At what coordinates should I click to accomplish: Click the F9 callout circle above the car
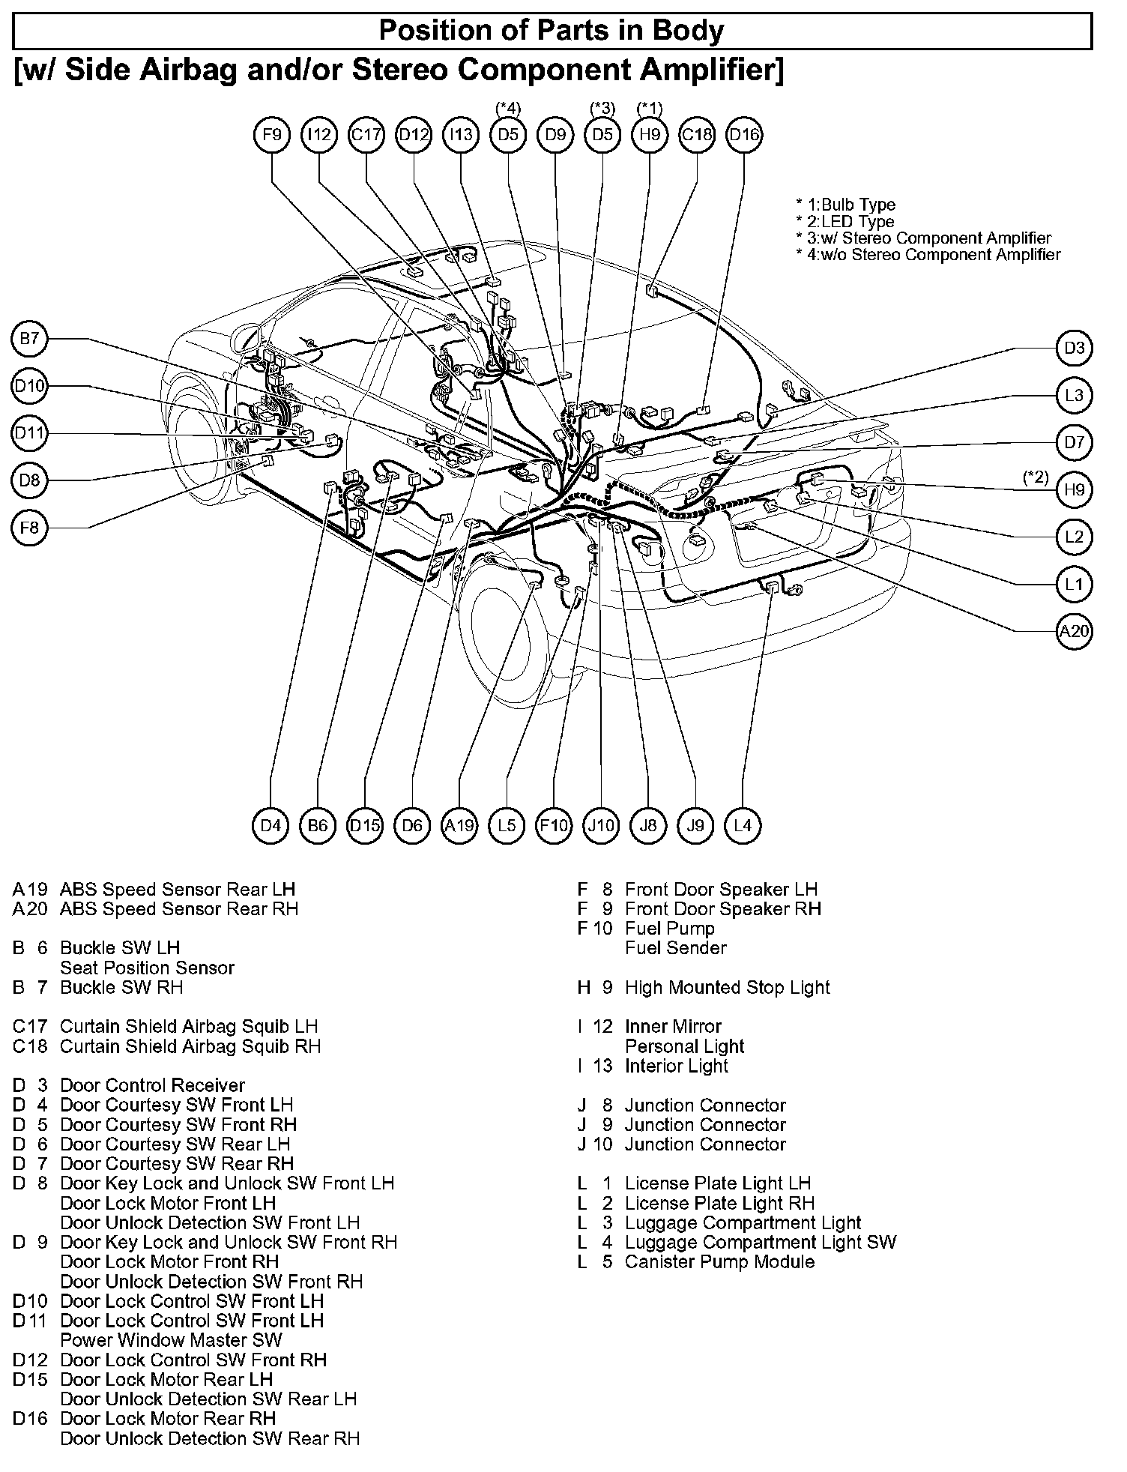click(272, 135)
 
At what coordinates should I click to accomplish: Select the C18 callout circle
click(697, 135)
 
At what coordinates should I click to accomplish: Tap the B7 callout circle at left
click(29, 340)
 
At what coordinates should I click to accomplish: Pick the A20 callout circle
click(1074, 631)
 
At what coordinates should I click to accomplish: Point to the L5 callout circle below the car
click(507, 825)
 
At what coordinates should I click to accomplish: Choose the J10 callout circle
click(601, 825)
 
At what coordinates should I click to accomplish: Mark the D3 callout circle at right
click(1074, 349)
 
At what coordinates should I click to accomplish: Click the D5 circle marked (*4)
click(508, 135)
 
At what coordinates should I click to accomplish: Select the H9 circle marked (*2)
click(1074, 490)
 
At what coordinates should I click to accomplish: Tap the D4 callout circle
click(271, 825)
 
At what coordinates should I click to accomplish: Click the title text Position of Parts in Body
click(552, 31)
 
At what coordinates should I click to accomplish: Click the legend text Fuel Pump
click(670, 929)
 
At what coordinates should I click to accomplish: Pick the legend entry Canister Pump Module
click(719, 1262)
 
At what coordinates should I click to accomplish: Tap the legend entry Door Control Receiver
click(152, 1086)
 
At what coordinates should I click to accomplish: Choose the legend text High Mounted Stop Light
click(727, 988)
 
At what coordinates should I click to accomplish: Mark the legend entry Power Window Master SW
click(171, 1341)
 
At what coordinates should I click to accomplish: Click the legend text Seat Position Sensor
click(147, 968)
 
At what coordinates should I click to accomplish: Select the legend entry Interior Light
click(676, 1067)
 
